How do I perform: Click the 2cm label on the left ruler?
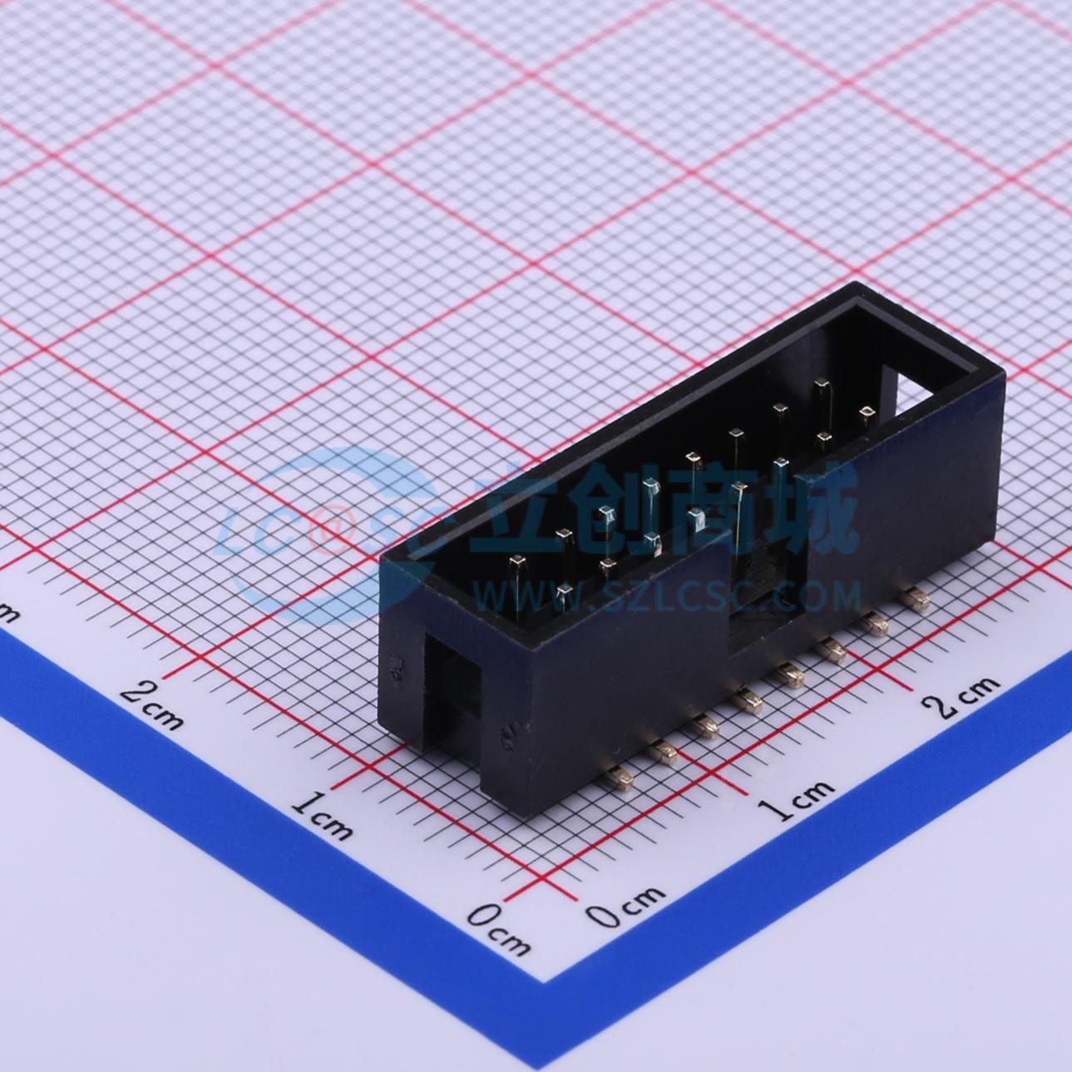(152, 705)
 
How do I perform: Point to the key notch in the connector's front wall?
(768, 595)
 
